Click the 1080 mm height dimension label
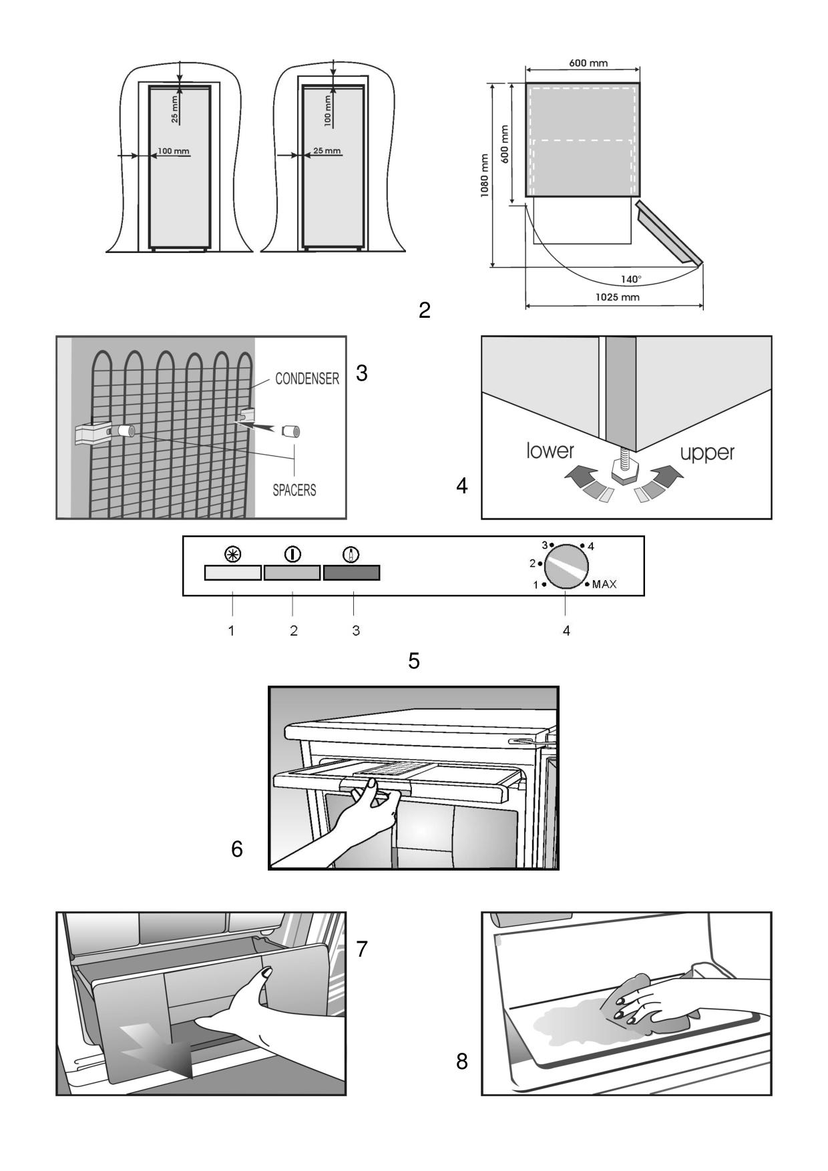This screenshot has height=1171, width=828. tap(485, 176)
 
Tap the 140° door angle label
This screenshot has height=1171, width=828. tap(630, 279)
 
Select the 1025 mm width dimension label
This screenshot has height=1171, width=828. tap(617, 297)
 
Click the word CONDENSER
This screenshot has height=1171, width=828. tap(307, 379)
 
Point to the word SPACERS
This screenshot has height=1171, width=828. tap(294, 490)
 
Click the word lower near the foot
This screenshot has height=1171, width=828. tap(550, 451)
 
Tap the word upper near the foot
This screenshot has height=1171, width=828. tap(706, 453)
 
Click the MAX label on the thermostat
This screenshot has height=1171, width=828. tap(604, 584)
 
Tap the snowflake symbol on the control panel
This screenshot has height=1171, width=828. tap(232, 554)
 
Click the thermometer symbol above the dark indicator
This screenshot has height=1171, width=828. tap(351, 554)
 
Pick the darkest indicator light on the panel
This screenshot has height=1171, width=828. tap(351, 573)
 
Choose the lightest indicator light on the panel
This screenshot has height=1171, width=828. tap(232, 573)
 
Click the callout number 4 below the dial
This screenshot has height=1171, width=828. tap(566, 630)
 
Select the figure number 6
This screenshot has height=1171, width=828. tap(237, 849)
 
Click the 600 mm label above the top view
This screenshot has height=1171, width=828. tap(588, 63)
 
